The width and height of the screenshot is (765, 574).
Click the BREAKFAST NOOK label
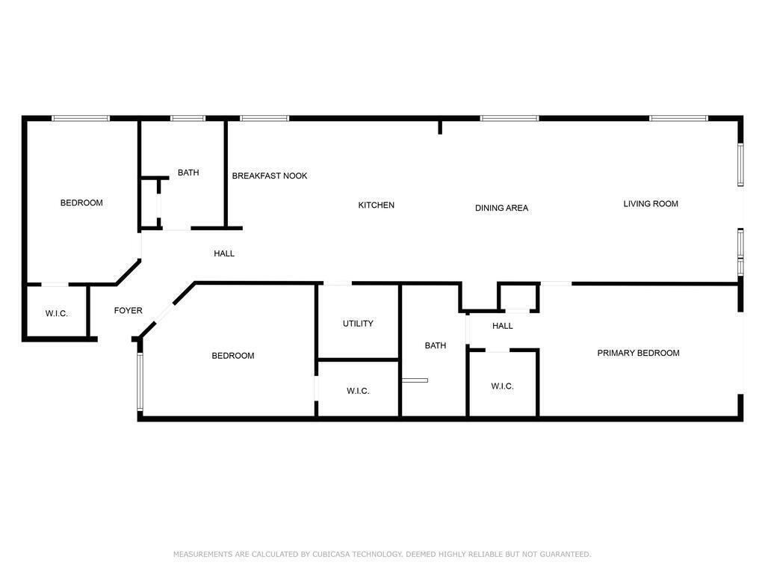pyautogui.click(x=269, y=176)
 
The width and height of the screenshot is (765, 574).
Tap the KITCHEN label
pyautogui.click(x=377, y=205)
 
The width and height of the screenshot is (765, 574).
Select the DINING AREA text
pyautogui.click(x=501, y=208)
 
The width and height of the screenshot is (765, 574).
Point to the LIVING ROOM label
pyautogui.click(x=651, y=203)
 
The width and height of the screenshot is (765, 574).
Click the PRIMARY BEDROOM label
pyautogui.click(x=638, y=353)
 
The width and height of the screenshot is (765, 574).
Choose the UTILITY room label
pyautogui.click(x=358, y=324)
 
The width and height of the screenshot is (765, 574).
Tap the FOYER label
pyautogui.click(x=128, y=310)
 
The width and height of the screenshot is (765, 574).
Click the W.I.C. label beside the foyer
pyautogui.click(x=57, y=313)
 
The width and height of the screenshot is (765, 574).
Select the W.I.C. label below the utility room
pyautogui.click(x=358, y=391)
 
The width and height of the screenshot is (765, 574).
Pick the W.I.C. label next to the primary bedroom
pyautogui.click(x=502, y=386)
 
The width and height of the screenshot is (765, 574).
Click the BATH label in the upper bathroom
pyautogui.click(x=188, y=173)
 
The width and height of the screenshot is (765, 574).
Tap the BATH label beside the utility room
pyautogui.click(x=436, y=345)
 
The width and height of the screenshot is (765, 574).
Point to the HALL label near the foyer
pyautogui.click(x=224, y=253)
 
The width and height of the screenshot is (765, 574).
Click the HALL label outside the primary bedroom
pyautogui.click(x=503, y=326)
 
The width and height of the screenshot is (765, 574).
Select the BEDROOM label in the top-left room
pyautogui.click(x=81, y=203)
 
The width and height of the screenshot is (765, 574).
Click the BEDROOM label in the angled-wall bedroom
pyautogui.click(x=233, y=356)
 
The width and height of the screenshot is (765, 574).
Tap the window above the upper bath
pyautogui.click(x=188, y=118)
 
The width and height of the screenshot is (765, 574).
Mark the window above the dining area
pyautogui.click(x=510, y=118)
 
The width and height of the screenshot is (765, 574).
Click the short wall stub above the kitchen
pyautogui.click(x=440, y=127)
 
